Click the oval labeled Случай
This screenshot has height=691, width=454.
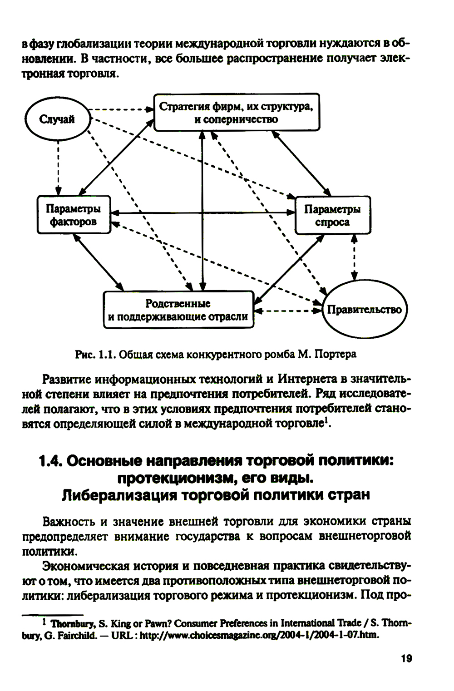click(x=57, y=120)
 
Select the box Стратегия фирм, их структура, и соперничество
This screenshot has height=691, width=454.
click(x=236, y=113)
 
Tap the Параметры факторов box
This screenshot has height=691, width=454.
click(x=74, y=215)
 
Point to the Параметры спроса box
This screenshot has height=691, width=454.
click(x=332, y=216)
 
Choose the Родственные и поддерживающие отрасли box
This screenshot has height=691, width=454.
click(x=178, y=310)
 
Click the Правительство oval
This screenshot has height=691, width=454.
click(x=364, y=310)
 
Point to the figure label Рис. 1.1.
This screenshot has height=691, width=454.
click(x=94, y=355)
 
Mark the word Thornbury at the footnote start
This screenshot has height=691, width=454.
click(x=70, y=623)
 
